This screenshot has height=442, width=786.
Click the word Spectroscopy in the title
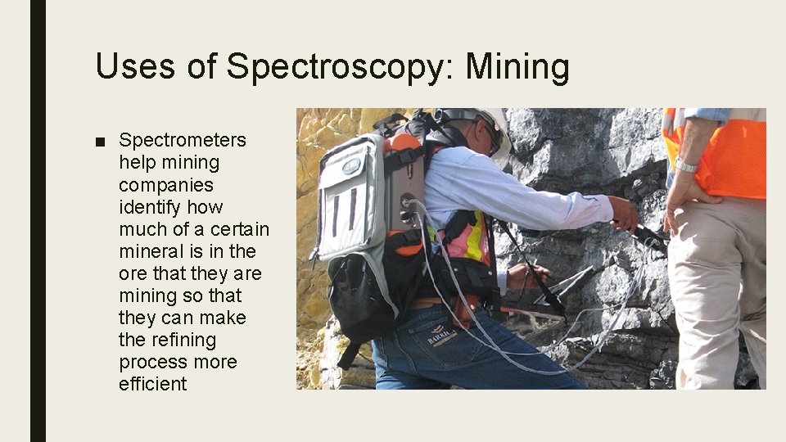click(334, 67)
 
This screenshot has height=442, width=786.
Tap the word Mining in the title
click(517, 67)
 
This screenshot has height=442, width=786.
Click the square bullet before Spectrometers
click(100, 141)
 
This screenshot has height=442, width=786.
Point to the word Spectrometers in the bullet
click(182, 140)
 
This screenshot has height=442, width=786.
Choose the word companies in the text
click(166, 184)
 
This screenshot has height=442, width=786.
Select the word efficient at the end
click(153, 384)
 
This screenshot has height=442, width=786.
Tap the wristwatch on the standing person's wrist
click(686, 165)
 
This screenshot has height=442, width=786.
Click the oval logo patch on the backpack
click(352, 165)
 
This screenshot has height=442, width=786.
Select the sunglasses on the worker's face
click(491, 138)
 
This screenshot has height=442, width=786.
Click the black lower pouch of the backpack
click(360, 295)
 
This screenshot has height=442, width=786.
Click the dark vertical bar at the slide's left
click(38, 221)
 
